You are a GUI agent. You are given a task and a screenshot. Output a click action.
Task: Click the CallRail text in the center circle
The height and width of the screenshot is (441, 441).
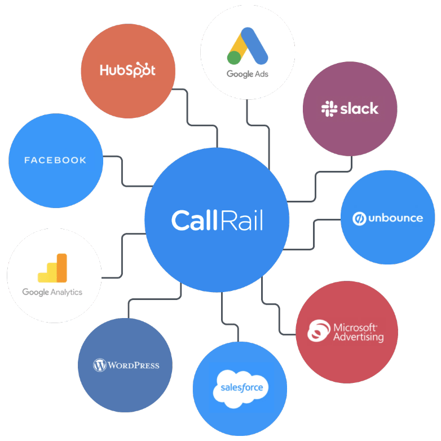(x=217, y=220)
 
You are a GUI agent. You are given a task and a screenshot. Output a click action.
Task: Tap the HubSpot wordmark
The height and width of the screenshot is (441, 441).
(x=127, y=70)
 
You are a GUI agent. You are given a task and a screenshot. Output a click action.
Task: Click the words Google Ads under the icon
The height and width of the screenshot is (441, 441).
(x=248, y=74)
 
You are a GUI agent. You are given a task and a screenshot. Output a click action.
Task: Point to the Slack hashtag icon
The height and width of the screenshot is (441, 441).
(x=329, y=109)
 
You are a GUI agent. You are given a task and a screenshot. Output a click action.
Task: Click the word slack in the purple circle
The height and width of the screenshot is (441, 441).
(x=359, y=109)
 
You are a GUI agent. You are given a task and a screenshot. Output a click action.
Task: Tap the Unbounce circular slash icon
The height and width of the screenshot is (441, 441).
(x=359, y=218)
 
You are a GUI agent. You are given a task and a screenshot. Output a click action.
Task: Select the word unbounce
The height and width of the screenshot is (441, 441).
(x=395, y=218)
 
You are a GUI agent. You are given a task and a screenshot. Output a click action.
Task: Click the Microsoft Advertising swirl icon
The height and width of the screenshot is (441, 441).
(x=319, y=331)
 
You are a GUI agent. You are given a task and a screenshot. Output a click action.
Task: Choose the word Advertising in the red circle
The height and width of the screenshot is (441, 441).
(x=358, y=337)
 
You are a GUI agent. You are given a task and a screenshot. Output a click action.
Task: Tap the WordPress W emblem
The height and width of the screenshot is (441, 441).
(x=100, y=365)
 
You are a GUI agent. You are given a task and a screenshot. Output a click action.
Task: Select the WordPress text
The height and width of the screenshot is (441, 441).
(x=134, y=365)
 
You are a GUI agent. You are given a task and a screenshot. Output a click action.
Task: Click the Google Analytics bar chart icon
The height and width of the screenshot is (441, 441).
(x=52, y=268)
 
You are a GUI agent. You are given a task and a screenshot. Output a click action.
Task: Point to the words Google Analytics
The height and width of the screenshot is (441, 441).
(x=52, y=292)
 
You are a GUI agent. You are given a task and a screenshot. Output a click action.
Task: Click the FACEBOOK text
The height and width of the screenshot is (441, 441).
(x=55, y=160)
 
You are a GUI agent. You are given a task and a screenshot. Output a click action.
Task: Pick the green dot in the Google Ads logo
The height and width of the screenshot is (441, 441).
(x=235, y=58)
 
